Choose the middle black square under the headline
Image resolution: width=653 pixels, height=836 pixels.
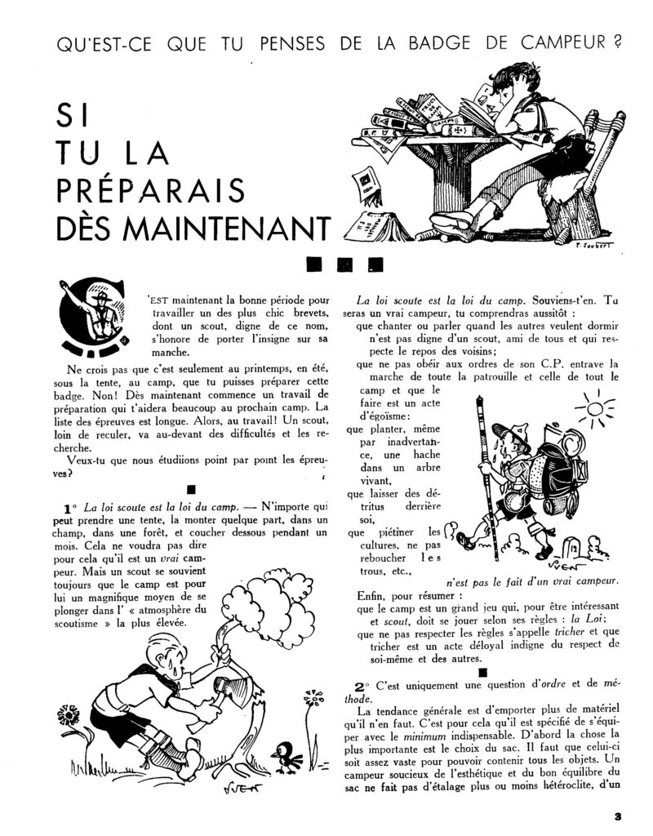click(344, 265)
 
